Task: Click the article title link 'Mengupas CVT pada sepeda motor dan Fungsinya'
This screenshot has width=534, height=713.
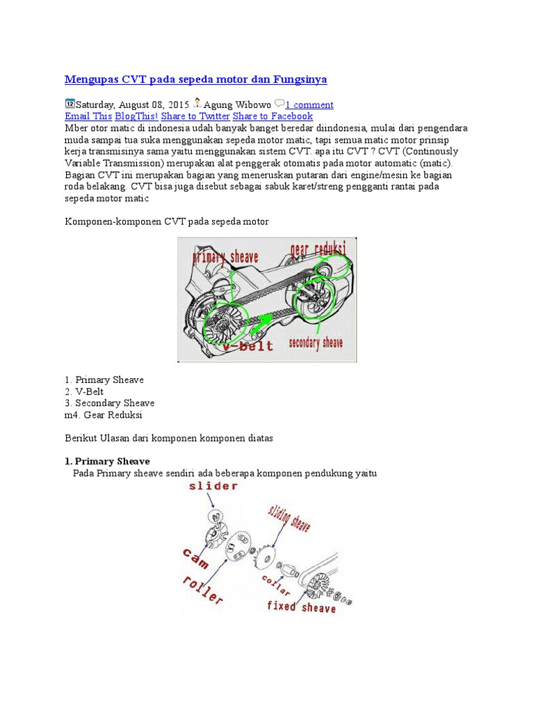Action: tap(195, 79)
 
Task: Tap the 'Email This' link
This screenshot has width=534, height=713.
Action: tap(88, 116)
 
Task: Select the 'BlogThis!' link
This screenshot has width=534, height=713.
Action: tap(136, 116)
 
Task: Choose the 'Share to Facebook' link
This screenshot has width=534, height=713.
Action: tap(273, 116)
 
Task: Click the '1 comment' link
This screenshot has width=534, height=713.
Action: tap(309, 105)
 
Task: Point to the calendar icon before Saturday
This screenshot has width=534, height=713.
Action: tap(70, 104)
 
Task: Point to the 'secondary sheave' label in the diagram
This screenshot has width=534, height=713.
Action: tap(316, 343)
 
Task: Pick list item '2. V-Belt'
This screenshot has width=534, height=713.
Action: tap(84, 391)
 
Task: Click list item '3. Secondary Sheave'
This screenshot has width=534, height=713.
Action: tap(109, 403)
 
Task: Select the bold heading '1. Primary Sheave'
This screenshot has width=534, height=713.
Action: tap(107, 462)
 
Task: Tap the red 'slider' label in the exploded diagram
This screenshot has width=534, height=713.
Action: tap(213, 487)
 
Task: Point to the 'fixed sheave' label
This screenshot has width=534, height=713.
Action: tap(301, 606)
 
